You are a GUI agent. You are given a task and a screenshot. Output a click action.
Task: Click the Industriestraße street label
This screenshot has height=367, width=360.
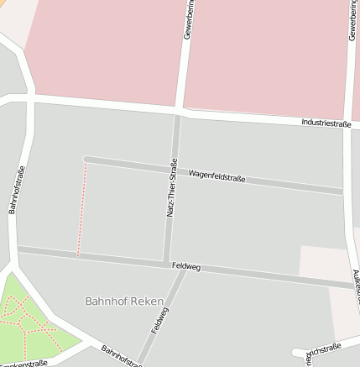tap(326, 123)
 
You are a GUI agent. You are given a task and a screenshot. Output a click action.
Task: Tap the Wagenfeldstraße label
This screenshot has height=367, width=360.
tap(217, 176)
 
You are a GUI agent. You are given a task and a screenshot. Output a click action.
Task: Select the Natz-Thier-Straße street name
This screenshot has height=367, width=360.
tap(172, 188)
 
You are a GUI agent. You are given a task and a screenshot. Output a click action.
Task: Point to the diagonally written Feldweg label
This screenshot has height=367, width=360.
tap(159, 320)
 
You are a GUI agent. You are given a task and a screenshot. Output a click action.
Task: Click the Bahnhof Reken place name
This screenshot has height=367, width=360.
tap(117, 300)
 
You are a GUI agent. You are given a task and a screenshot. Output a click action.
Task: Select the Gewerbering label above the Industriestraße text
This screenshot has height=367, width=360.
tap(352, 20)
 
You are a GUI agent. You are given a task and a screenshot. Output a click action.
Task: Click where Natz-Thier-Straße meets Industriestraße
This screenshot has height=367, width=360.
tap(178, 111)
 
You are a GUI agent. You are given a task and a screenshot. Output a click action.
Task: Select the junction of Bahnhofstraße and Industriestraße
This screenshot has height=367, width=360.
tap(30, 100)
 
